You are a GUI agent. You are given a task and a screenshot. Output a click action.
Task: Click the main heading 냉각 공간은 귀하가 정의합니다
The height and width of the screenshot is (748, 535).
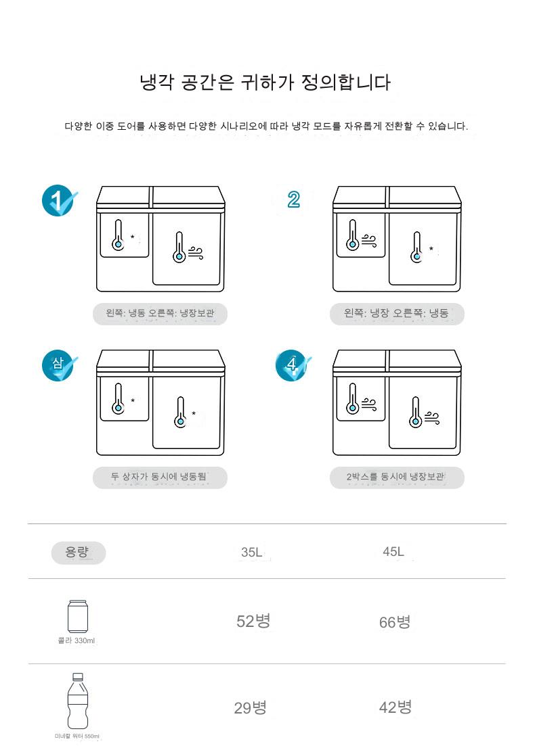click(265, 83)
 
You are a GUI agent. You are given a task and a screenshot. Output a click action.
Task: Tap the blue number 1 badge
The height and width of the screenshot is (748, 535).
click(59, 200)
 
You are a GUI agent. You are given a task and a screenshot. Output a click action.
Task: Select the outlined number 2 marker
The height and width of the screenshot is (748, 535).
click(293, 200)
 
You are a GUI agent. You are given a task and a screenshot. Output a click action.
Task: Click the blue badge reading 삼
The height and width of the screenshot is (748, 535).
click(59, 365)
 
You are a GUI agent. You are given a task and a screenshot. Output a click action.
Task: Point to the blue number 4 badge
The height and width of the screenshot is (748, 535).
click(293, 365)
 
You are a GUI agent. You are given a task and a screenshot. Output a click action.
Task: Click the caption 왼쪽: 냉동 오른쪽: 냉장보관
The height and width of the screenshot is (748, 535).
click(160, 313)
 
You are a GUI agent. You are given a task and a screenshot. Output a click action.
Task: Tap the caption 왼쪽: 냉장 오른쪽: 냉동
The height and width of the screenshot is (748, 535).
click(396, 313)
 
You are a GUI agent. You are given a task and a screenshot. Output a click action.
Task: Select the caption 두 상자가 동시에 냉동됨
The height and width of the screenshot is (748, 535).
click(159, 477)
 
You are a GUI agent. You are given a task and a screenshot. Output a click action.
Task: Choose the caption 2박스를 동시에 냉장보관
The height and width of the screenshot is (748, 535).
click(396, 477)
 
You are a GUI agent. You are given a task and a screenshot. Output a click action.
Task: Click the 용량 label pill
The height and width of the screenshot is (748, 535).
click(79, 553)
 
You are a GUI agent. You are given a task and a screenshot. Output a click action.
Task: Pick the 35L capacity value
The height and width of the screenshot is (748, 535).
click(252, 552)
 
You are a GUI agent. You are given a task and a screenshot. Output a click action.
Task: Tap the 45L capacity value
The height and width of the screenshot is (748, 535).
click(393, 551)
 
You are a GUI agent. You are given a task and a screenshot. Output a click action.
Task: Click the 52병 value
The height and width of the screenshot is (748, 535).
click(253, 621)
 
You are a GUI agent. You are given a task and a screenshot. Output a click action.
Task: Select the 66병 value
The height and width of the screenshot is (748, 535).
click(395, 622)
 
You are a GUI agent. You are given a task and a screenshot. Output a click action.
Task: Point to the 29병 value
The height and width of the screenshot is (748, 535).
click(251, 707)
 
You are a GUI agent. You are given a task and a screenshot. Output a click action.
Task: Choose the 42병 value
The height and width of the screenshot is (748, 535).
click(395, 707)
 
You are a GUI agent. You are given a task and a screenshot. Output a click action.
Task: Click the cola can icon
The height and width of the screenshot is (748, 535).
click(77, 616)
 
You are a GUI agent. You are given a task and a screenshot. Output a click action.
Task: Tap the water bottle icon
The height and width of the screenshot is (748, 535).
click(77, 701)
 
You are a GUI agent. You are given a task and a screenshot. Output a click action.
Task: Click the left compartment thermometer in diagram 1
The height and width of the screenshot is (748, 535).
click(118, 235)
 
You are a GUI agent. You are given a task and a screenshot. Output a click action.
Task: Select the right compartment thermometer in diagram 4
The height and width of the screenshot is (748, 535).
click(416, 412)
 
